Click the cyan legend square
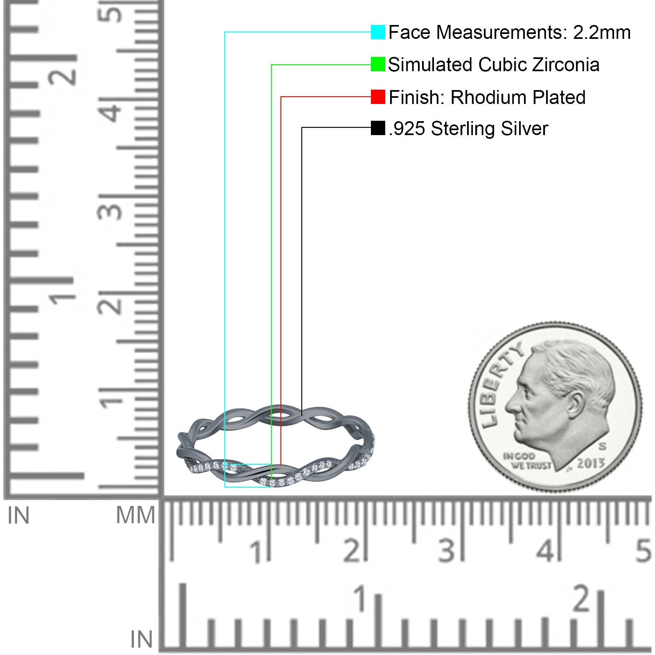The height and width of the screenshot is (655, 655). [378, 32]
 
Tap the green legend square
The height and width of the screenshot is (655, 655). [378, 64]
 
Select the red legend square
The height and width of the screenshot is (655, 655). [378, 97]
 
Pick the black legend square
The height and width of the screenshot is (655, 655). [378, 128]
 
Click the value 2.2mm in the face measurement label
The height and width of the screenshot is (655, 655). [602, 32]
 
